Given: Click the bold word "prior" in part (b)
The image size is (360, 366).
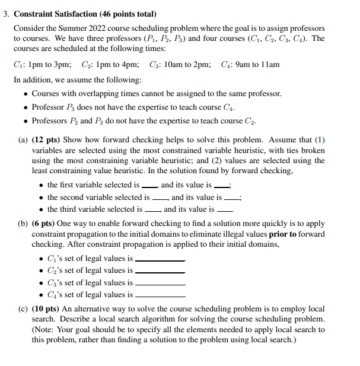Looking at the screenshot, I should coord(279,234).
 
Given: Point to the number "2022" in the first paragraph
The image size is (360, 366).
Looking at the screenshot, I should coord(101,28).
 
